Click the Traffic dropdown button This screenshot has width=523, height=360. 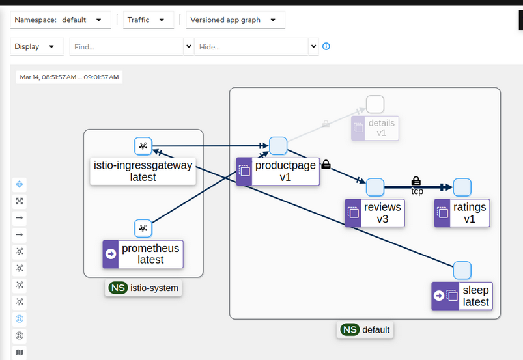148,20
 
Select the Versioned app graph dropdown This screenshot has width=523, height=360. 235,20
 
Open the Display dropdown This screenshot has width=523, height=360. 37,47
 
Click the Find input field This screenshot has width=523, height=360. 127,47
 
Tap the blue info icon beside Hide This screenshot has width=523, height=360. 326,46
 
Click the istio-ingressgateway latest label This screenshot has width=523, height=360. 143,171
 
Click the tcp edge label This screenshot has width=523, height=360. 417,191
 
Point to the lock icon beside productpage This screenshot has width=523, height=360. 326,165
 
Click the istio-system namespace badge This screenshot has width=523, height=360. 143,288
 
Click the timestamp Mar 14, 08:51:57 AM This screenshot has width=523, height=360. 69,77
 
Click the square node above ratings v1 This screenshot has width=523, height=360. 462,187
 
